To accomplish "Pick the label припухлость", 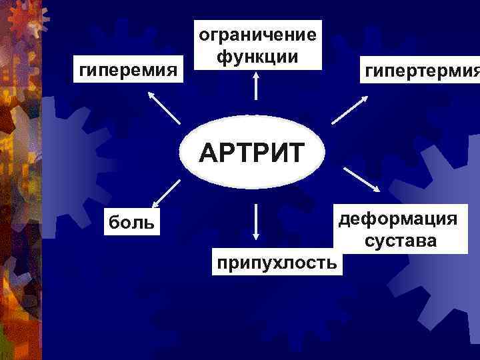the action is pyautogui.click(x=275, y=263).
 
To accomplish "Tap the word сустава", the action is pyautogui.click(x=401, y=240).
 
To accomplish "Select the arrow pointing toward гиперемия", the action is pyautogui.click(x=163, y=107).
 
